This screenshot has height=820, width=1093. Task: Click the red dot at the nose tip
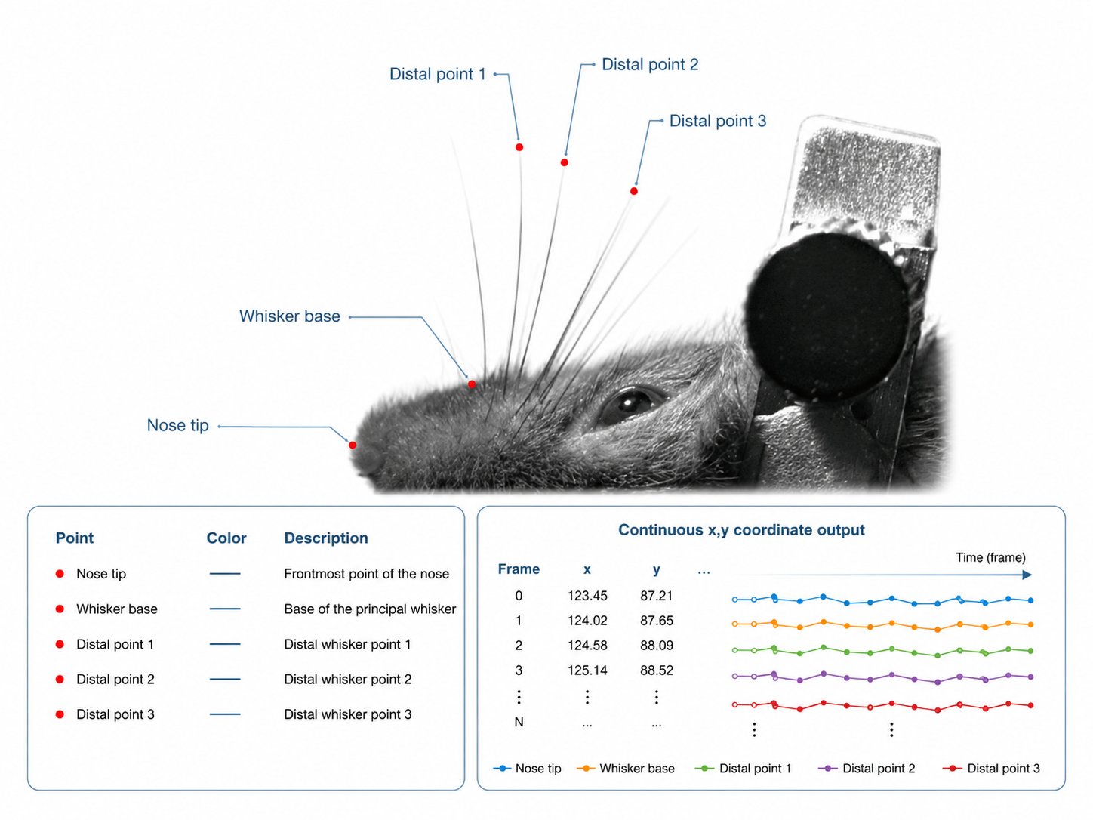(x=353, y=445)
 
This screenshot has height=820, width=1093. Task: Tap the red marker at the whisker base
(x=472, y=384)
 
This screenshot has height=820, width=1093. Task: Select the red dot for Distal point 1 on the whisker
(x=519, y=147)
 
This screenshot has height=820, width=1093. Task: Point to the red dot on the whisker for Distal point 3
(x=634, y=191)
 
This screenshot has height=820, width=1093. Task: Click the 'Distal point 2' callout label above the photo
(x=650, y=64)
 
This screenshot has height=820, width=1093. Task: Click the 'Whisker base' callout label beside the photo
(x=289, y=316)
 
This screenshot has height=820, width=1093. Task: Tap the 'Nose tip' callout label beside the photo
(x=178, y=426)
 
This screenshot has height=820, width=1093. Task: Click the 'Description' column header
(x=325, y=538)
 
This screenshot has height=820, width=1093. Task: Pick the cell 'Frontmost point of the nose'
(x=367, y=574)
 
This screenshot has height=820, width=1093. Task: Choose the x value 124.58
(x=587, y=646)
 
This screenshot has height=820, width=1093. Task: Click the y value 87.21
(x=656, y=596)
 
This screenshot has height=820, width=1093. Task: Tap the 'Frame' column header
(x=519, y=569)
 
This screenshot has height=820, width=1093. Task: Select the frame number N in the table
(x=519, y=722)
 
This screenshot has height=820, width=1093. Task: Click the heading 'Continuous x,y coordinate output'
(x=741, y=530)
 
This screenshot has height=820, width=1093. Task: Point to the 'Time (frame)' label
(x=990, y=558)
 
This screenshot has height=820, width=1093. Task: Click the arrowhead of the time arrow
(x=1027, y=575)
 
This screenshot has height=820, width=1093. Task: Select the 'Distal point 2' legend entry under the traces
(x=867, y=769)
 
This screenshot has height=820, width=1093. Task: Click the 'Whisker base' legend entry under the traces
(x=626, y=769)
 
